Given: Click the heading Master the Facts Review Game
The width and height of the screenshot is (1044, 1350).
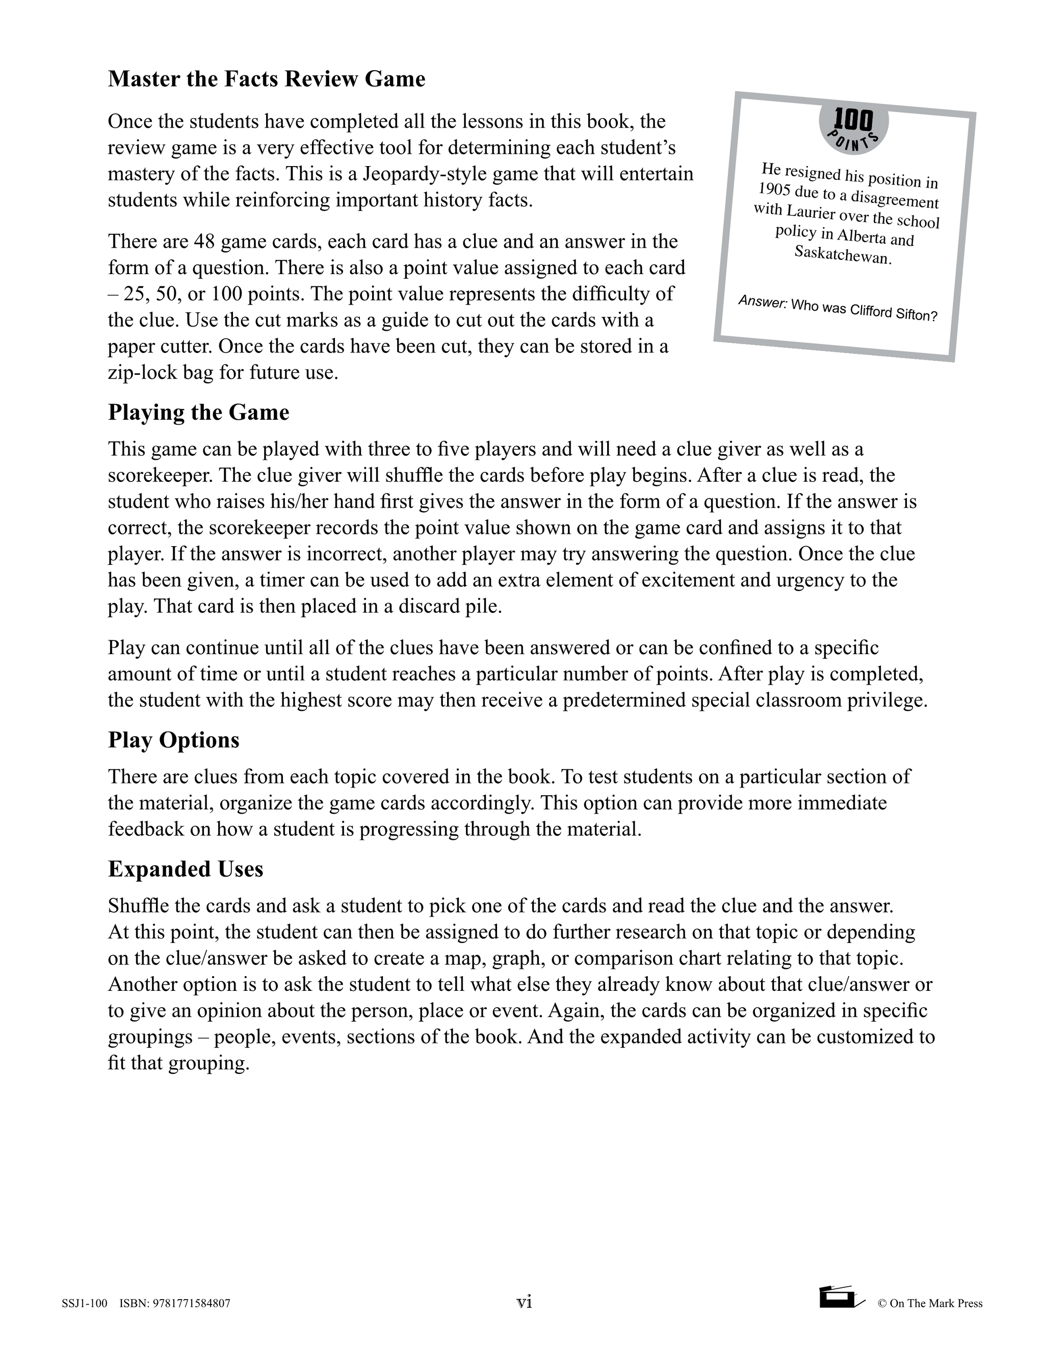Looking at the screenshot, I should pos(267,79).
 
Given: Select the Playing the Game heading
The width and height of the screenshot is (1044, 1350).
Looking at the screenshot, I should pos(198,412).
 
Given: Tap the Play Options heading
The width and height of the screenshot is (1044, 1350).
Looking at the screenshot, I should pos(173,740).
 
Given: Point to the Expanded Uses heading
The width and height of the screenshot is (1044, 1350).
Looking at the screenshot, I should pos(186,869).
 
